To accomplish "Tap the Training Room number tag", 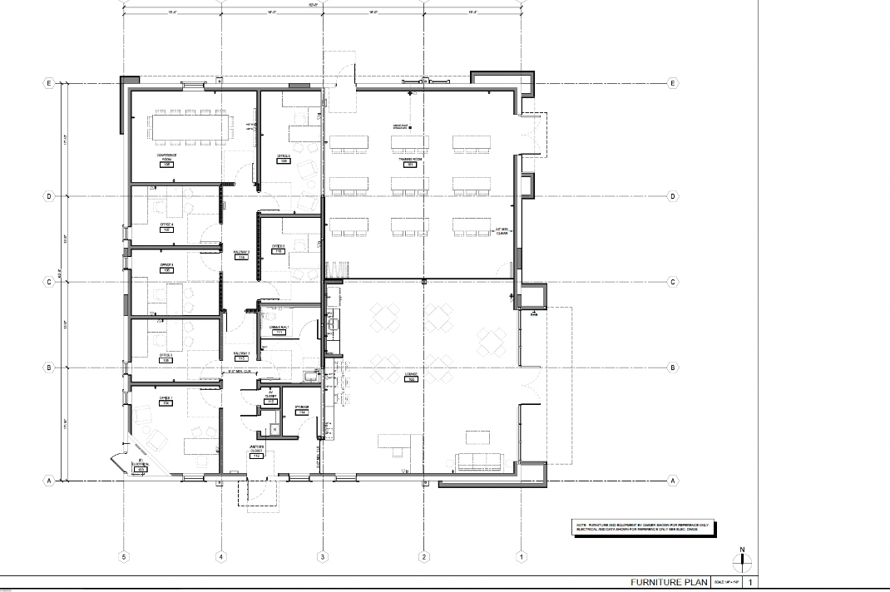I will [x=409, y=165].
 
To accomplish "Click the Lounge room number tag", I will [x=411, y=379].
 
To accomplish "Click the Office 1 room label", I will [x=166, y=399].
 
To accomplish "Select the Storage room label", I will [x=302, y=408].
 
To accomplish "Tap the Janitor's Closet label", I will [x=257, y=452].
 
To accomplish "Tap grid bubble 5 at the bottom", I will [x=124, y=556].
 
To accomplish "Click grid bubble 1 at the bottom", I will [x=522, y=556].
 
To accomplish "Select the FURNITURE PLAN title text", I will [x=668, y=583].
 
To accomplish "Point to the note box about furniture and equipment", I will [x=642, y=528].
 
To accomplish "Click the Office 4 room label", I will [x=166, y=225].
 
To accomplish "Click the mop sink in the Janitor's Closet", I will [x=274, y=430].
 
